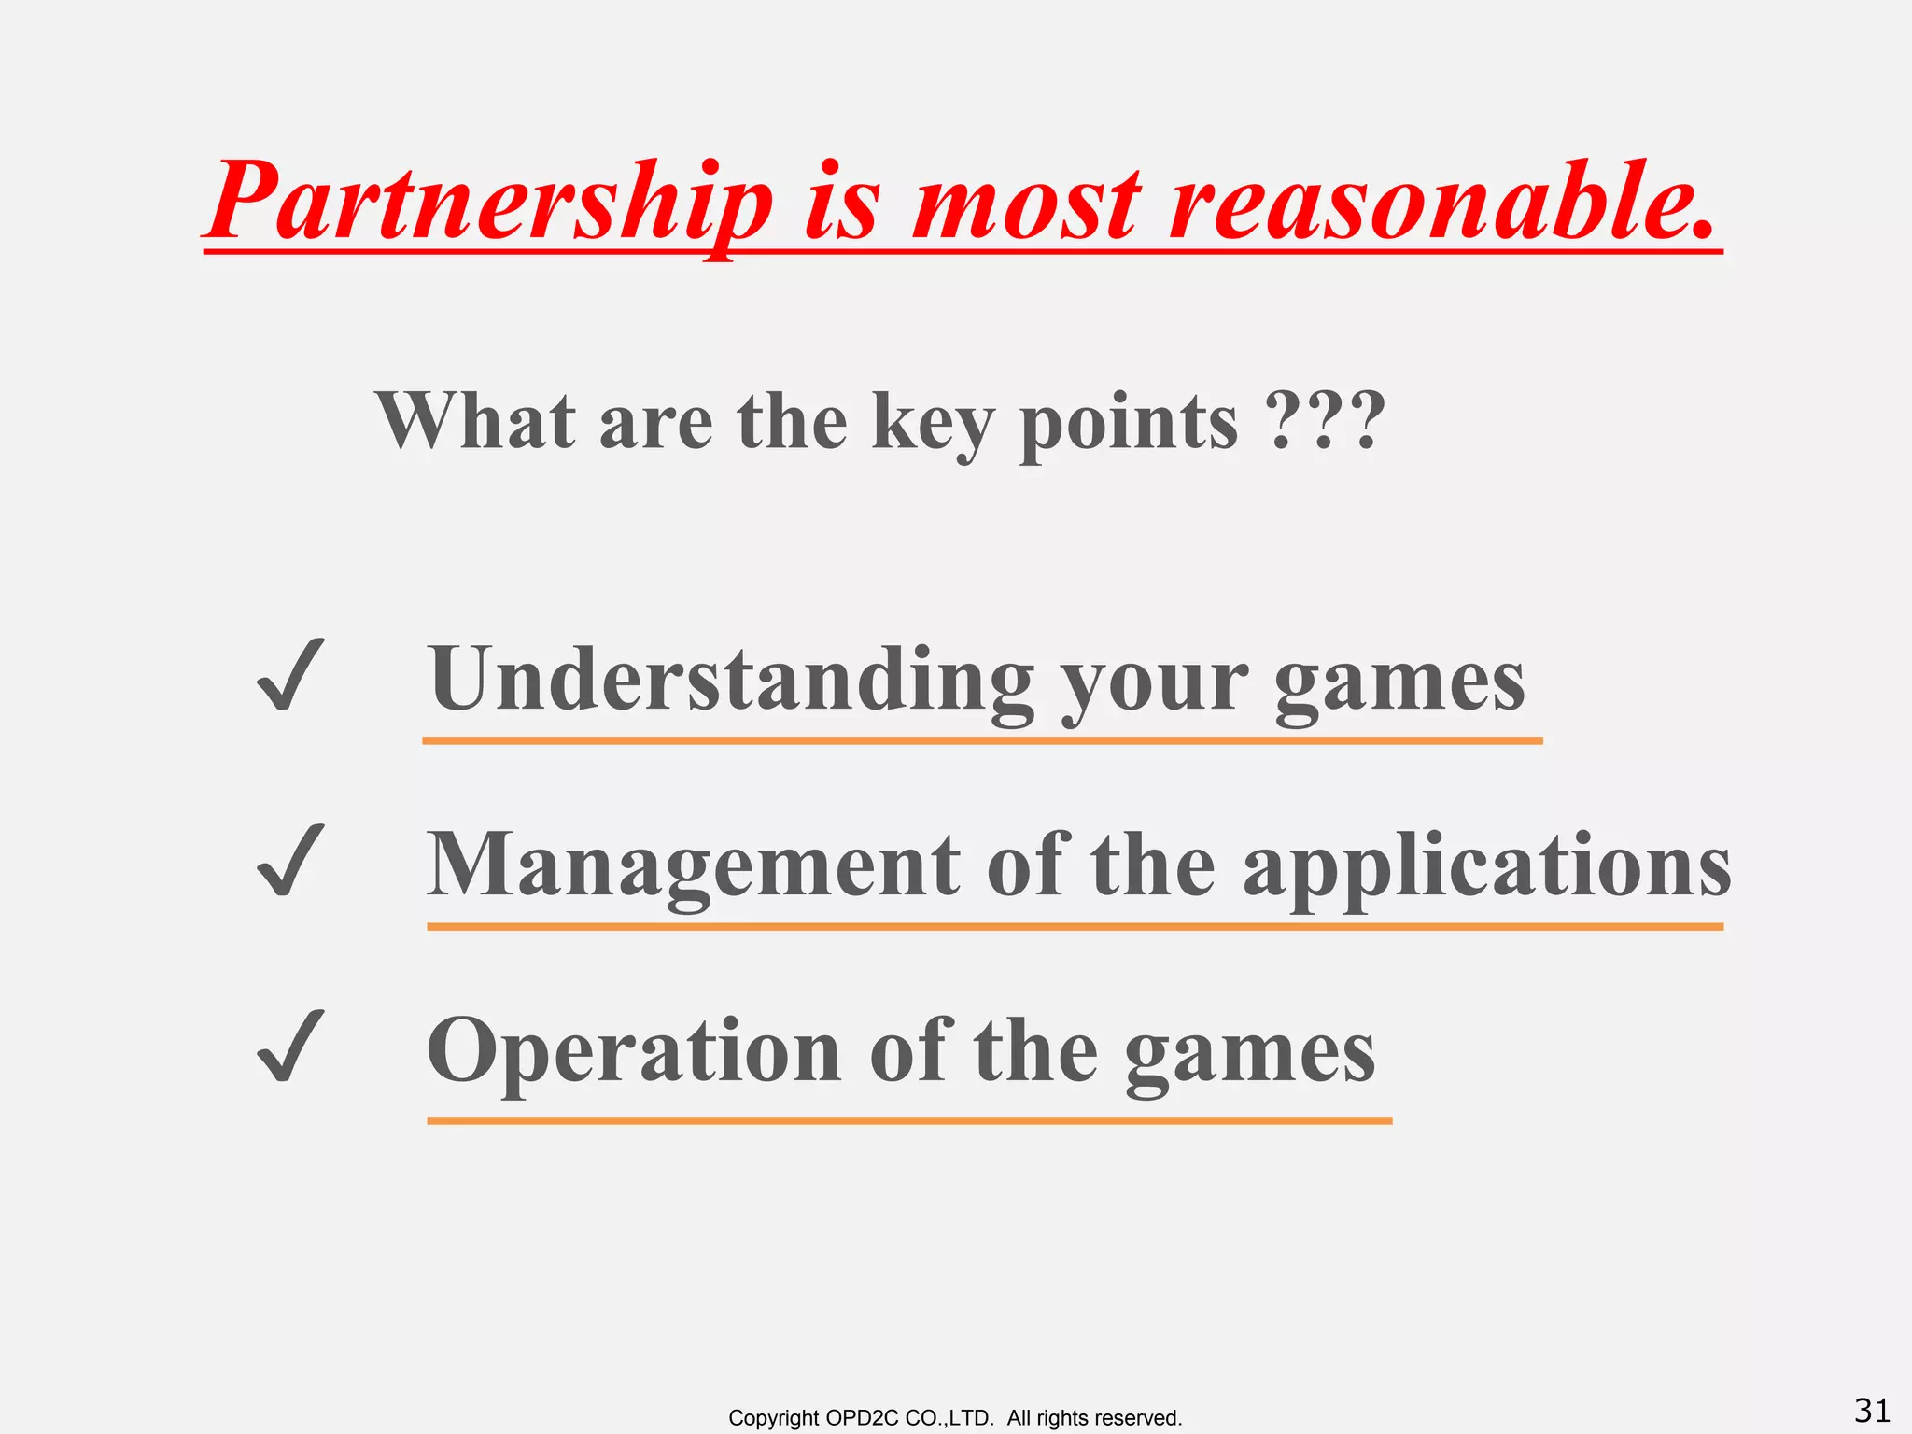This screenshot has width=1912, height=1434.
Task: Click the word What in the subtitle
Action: pos(475,422)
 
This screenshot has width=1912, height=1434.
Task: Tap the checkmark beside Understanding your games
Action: pos(290,675)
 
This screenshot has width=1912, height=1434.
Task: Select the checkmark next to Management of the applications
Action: pos(290,861)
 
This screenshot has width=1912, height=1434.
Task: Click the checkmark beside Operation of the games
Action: pos(290,1047)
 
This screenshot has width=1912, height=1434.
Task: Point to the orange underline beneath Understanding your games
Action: pos(982,740)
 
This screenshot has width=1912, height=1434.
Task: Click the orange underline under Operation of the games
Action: pos(909,1119)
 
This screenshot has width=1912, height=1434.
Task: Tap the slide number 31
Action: pos(1872,1410)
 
